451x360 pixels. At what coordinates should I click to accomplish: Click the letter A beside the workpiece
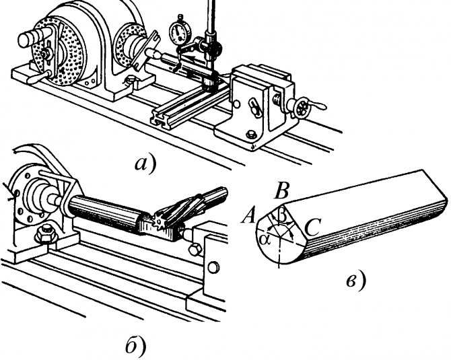point(247,215)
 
